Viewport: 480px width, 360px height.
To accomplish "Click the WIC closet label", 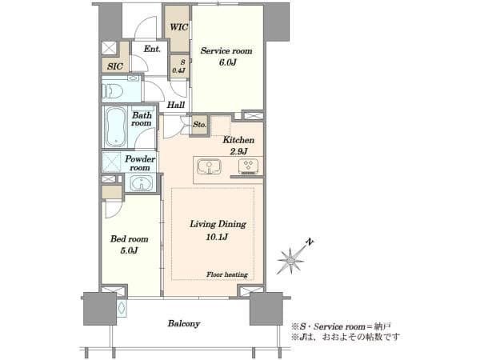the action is [x=178, y=27].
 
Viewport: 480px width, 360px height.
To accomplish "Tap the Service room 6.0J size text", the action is [x=227, y=62].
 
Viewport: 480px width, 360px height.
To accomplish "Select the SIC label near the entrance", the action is [x=114, y=66].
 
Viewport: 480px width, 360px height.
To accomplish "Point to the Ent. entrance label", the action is [x=152, y=49].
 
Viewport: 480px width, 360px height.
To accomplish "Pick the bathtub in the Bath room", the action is [x=115, y=127].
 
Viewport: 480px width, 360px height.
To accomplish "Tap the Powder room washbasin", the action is [x=141, y=183].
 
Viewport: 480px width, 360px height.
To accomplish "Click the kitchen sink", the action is [x=209, y=167].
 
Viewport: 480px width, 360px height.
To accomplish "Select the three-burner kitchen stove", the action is [x=248, y=166].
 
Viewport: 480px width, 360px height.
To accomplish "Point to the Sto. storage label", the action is [x=199, y=125].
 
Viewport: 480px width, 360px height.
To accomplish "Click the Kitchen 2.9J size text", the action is [x=238, y=151].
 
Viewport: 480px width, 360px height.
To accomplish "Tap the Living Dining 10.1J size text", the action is [x=217, y=237].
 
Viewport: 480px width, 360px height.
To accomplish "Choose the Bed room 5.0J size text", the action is [x=129, y=250].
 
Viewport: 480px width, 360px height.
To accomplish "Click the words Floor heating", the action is [x=227, y=274].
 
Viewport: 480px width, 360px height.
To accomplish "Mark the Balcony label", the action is [x=184, y=323].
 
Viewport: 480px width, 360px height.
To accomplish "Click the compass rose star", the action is [x=290, y=261].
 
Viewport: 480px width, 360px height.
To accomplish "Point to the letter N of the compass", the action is [x=310, y=242].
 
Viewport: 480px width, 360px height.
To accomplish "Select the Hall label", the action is [x=176, y=105].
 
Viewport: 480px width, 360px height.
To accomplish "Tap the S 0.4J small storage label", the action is [x=178, y=66].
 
